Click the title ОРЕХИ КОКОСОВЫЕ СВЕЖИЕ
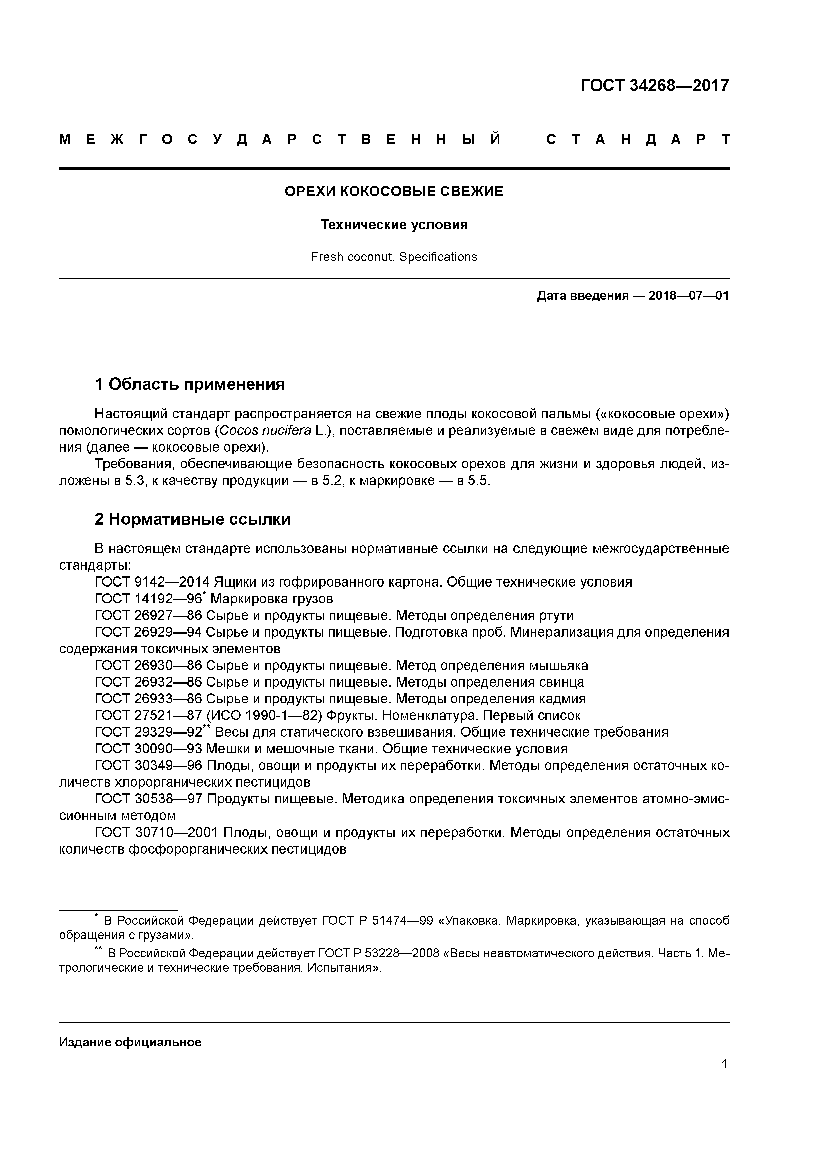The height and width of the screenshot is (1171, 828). tap(394, 191)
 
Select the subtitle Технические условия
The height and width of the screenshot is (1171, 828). tap(394, 225)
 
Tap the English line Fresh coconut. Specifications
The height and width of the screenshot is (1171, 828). tap(394, 257)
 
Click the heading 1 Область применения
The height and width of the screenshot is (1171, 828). tap(189, 384)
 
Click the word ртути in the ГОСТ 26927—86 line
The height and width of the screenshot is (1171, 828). tap(556, 616)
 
